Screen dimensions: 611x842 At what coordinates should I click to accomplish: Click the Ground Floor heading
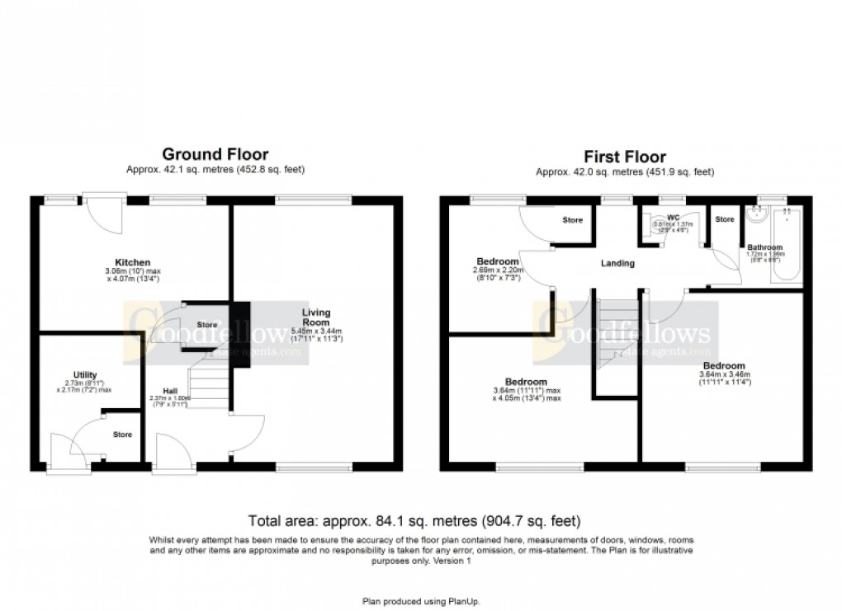pyautogui.click(x=215, y=154)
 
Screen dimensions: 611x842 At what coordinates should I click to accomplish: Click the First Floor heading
pyautogui.click(x=624, y=156)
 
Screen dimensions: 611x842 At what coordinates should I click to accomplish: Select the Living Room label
pyautogui.click(x=316, y=317)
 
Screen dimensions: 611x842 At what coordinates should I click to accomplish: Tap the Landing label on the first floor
pyautogui.click(x=617, y=264)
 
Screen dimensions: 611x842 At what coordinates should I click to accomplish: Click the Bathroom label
pyautogui.click(x=764, y=247)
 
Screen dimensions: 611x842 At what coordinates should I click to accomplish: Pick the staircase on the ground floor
pyautogui.click(x=209, y=383)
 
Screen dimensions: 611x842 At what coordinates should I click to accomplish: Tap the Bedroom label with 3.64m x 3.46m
pyautogui.click(x=723, y=366)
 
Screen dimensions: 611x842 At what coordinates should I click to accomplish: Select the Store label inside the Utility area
pyautogui.click(x=123, y=435)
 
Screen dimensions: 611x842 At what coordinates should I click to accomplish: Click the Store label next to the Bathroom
pyautogui.click(x=724, y=219)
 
